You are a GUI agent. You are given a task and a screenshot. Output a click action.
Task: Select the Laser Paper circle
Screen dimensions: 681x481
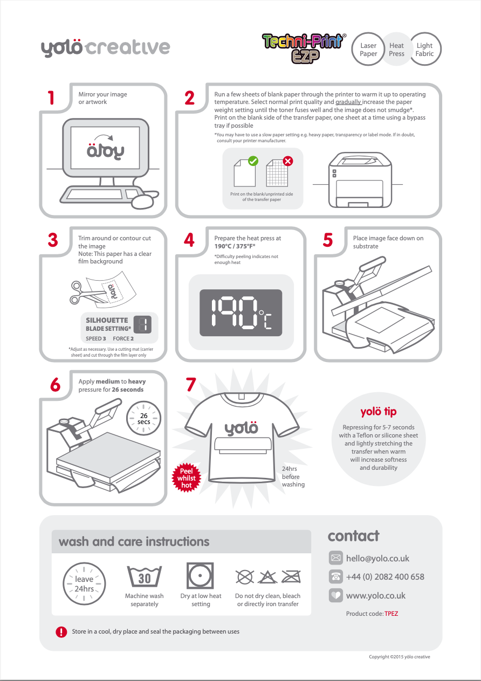368,50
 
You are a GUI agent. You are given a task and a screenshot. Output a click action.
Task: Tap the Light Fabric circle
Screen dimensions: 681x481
425,50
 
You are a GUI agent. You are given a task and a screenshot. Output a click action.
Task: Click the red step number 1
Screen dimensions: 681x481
51,98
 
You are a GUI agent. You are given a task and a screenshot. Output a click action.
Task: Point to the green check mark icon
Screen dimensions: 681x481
252,161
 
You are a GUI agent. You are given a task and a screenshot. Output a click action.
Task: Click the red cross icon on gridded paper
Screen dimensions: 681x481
288,161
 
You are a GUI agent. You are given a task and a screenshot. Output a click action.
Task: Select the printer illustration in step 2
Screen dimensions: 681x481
357,179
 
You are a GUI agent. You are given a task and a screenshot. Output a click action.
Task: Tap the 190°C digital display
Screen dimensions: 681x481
240,313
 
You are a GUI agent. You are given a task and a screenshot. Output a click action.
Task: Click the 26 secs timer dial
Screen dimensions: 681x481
144,419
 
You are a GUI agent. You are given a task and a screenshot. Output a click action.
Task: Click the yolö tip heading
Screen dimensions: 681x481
378,412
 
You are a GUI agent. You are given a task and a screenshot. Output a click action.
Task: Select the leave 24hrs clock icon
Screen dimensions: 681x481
84,583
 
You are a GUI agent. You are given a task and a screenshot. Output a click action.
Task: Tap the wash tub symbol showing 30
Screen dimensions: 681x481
145,578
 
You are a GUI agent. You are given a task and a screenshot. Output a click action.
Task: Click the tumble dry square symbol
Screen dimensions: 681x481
200,576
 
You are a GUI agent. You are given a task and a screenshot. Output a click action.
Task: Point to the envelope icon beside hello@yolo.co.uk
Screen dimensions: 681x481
336,558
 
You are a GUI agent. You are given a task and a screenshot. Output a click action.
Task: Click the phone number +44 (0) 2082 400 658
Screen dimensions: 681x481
385,576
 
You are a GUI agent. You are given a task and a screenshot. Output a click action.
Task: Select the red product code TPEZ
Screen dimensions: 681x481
391,614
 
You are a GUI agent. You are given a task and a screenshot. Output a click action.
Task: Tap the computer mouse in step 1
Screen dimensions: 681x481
143,201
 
